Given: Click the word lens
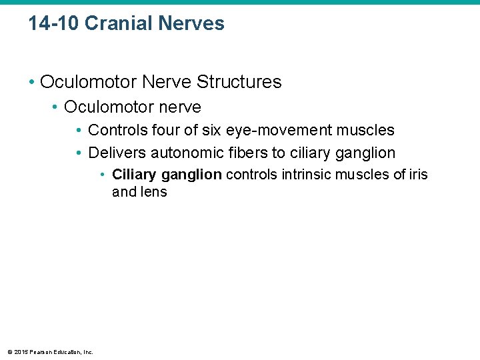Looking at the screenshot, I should point(153,192).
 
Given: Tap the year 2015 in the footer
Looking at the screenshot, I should point(21,352).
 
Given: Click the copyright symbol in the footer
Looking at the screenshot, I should point(9,352).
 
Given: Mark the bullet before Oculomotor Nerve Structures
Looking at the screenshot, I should point(31,83).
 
